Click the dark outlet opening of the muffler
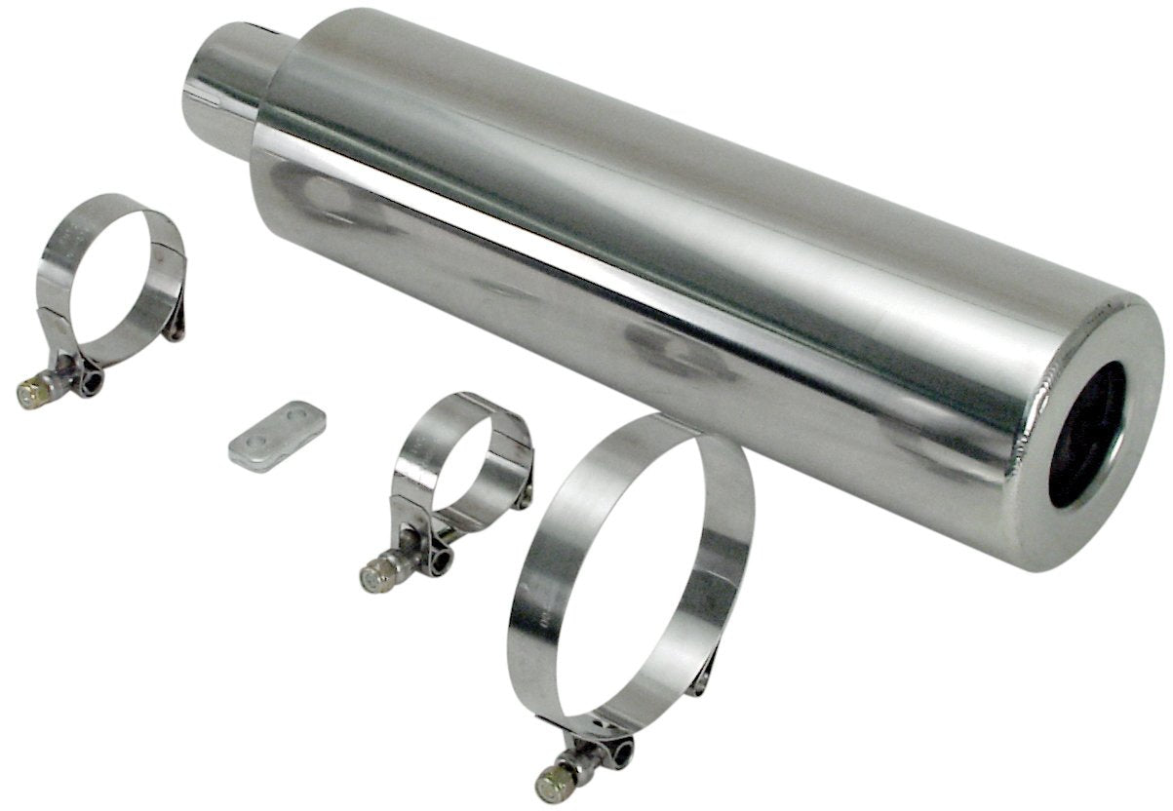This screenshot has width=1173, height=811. click(1086, 433)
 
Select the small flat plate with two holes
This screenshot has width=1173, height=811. click(277, 435)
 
